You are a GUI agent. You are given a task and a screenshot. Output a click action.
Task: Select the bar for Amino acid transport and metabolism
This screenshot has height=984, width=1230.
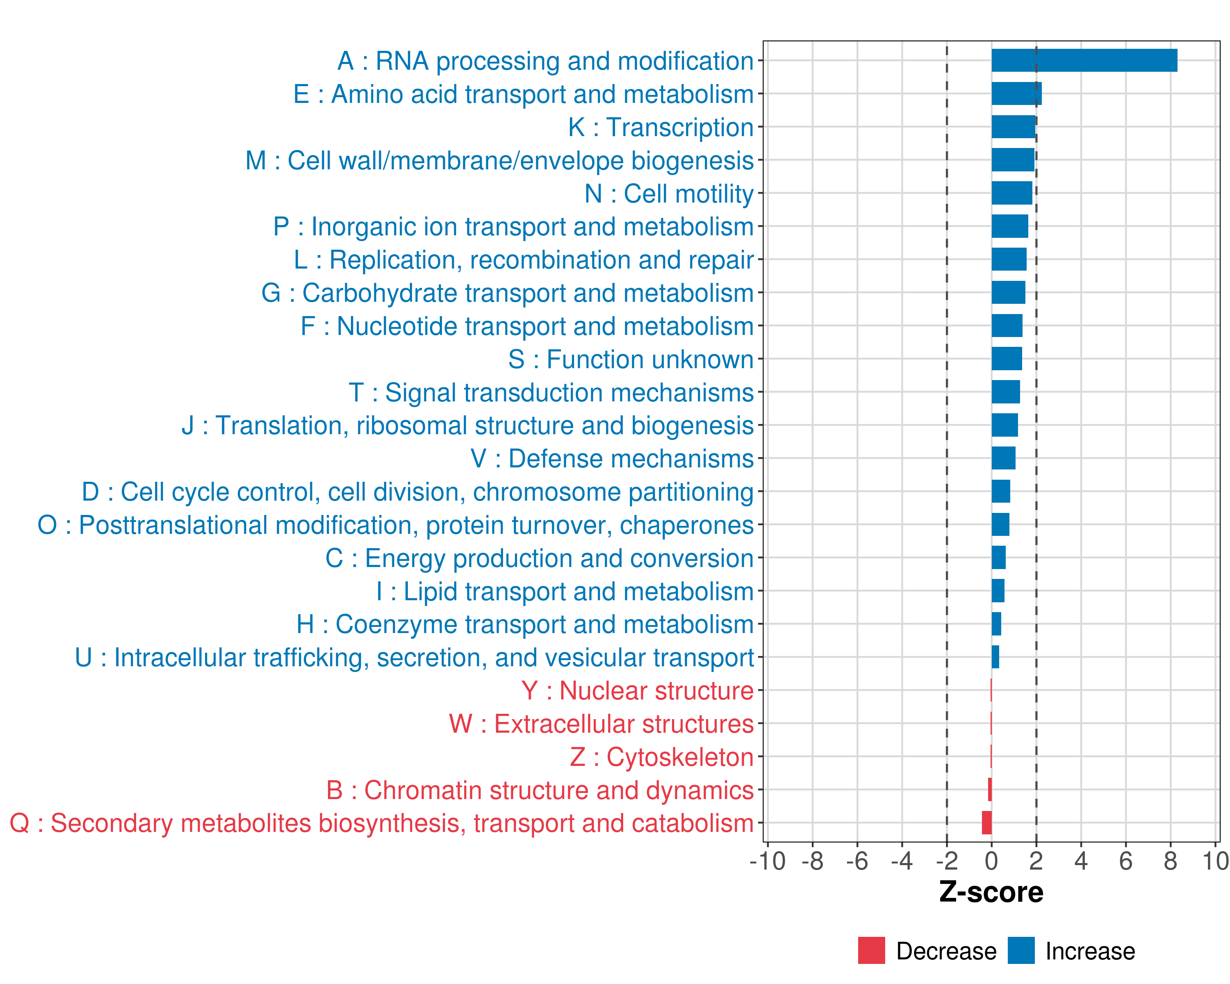pyautogui.click(x=1016, y=93)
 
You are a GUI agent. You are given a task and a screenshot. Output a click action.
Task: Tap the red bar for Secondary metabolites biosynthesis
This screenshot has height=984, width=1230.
pyautogui.click(x=986, y=822)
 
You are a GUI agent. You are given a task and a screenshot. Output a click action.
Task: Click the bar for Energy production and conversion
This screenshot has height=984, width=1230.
pyautogui.click(x=998, y=557)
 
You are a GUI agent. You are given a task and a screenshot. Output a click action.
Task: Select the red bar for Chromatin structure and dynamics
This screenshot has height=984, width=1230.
pyautogui.click(x=990, y=790)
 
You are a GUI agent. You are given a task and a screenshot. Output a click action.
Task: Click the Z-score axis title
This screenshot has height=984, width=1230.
pyautogui.click(x=991, y=892)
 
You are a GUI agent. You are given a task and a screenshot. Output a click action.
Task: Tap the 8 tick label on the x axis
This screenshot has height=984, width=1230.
pyautogui.click(x=1170, y=861)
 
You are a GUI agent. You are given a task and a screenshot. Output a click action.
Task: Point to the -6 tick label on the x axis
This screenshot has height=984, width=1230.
pyautogui.click(x=857, y=861)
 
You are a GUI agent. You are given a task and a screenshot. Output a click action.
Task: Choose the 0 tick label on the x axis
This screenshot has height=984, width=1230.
pyautogui.click(x=991, y=861)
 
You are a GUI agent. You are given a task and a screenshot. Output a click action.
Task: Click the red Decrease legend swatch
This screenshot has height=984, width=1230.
pyautogui.click(x=871, y=950)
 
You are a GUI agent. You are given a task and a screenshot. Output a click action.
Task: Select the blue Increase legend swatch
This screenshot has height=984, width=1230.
pyautogui.click(x=1020, y=950)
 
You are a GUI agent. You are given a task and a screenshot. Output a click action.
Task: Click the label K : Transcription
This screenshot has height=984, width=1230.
pyautogui.click(x=661, y=127)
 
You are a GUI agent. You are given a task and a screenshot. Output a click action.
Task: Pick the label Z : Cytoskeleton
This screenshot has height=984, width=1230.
pyautogui.click(x=662, y=757)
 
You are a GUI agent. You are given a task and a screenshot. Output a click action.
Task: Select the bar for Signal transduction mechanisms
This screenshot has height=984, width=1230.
pyautogui.click(x=1005, y=392)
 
